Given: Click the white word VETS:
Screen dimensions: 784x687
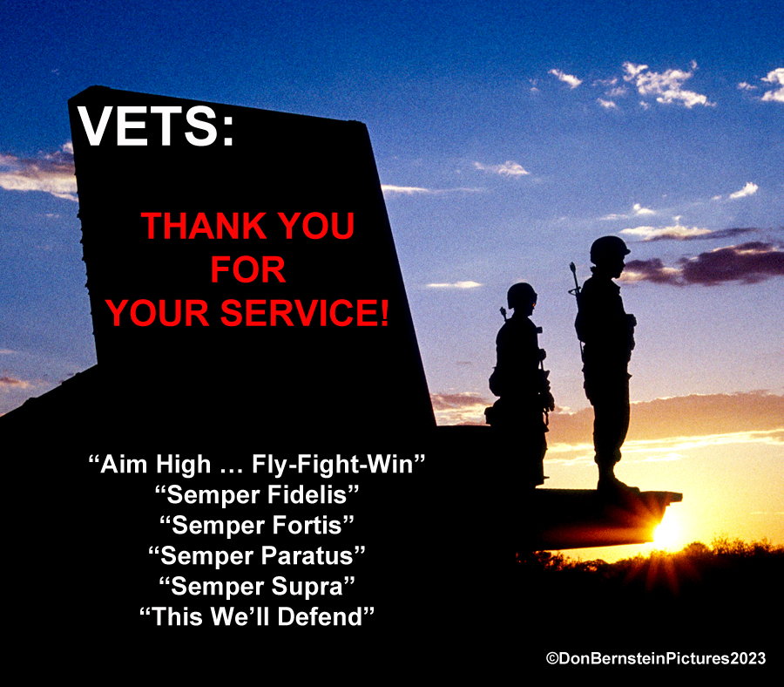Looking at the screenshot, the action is (156, 126).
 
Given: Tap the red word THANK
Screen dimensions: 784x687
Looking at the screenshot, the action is (205, 226).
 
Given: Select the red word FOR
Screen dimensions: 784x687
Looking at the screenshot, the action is (247, 269).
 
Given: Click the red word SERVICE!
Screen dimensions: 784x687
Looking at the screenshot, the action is (304, 313).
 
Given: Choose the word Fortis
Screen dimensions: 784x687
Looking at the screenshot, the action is (307, 525).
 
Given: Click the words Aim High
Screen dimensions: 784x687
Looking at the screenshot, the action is (156, 464).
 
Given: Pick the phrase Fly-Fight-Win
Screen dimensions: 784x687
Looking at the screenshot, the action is (333, 464).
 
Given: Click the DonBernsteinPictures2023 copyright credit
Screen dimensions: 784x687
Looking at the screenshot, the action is (655, 658).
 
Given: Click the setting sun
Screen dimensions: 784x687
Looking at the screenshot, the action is (666, 533).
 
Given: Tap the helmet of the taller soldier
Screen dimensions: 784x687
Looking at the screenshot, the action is (609, 249).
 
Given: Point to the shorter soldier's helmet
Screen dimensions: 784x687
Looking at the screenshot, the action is (522, 296).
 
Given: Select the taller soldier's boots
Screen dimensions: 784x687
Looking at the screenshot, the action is (616, 481).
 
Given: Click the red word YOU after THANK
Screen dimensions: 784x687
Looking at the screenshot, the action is (316, 226).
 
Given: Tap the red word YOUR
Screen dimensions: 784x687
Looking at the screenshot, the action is (158, 313).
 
